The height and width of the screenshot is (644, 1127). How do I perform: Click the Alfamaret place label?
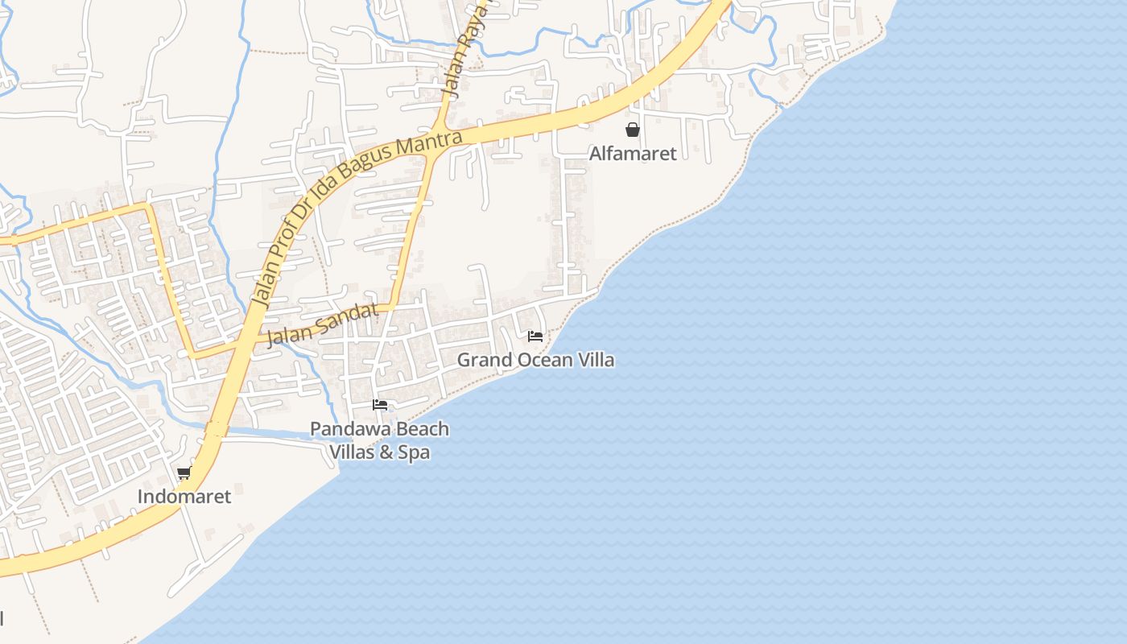(x=633, y=153)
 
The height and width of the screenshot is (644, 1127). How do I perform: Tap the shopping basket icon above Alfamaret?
(x=633, y=129)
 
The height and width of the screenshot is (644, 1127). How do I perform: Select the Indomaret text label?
(x=184, y=496)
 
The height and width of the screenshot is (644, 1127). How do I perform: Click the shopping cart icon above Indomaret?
(x=184, y=473)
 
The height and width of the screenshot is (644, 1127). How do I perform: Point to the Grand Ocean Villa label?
(x=535, y=360)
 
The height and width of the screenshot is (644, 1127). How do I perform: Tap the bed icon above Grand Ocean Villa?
(x=535, y=336)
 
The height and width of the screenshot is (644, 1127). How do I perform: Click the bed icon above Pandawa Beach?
(x=380, y=404)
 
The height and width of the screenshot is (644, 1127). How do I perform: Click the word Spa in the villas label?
(x=414, y=452)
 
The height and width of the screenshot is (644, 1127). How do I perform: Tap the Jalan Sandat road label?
(x=322, y=324)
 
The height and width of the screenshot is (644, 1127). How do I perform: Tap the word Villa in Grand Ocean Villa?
(x=594, y=360)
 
